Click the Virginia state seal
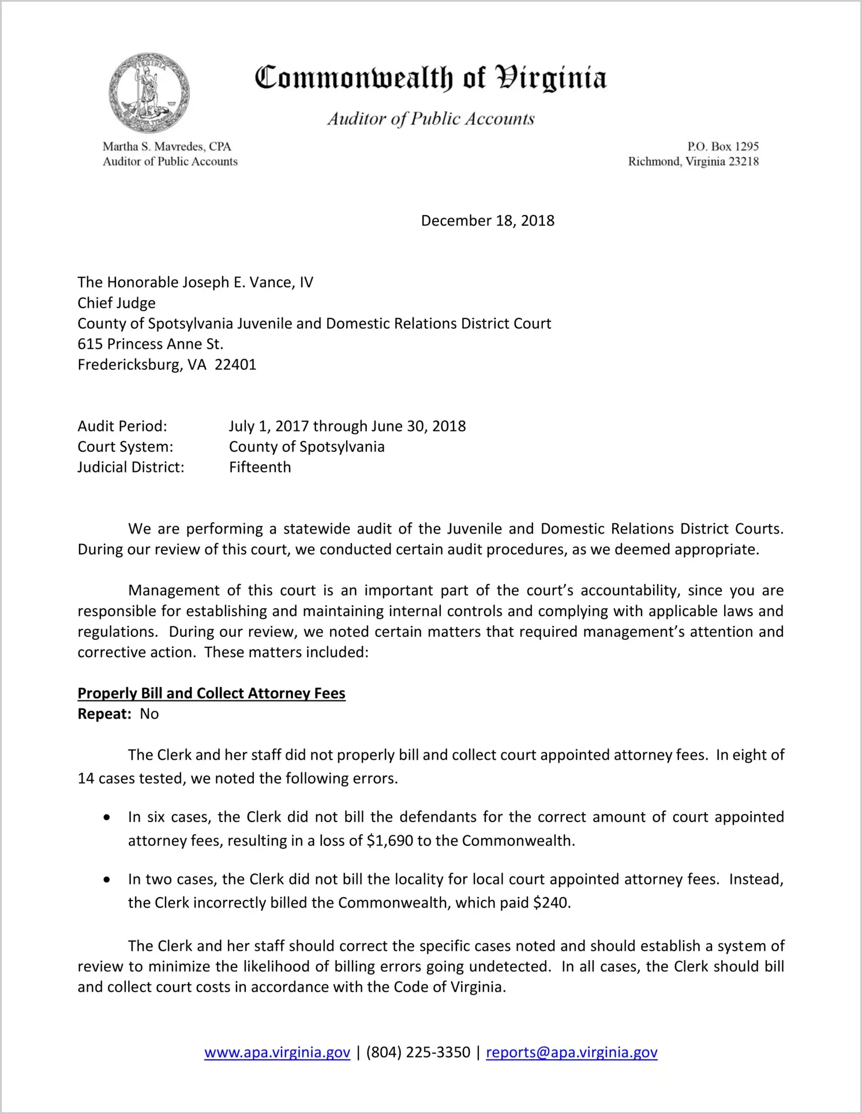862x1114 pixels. (149, 93)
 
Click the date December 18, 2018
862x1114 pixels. (488, 221)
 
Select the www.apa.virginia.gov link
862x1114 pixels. (277, 1052)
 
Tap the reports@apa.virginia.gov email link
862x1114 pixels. (571, 1052)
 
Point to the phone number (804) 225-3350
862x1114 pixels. (418, 1052)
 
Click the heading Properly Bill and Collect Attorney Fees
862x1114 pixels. (211, 693)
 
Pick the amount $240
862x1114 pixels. (551, 903)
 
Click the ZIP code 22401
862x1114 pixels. (235, 365)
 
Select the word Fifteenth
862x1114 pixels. (260, 467)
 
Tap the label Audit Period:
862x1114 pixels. (122, 426)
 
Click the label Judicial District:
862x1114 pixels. (131, 467)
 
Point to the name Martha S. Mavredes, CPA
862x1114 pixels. (167, 147)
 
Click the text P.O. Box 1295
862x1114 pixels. (722, 147)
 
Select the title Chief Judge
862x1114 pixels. (117, 303)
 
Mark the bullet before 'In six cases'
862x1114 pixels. (107, 818)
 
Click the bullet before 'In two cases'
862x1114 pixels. (107, 880)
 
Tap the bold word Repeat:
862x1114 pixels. (105, 714)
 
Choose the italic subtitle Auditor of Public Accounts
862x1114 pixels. (431, 119)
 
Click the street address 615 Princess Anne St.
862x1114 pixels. (150, 344)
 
